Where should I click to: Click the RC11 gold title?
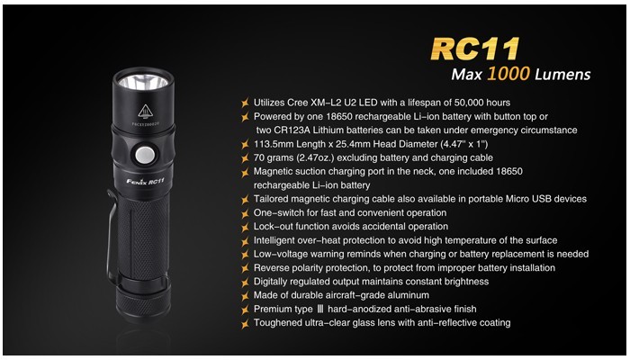pos(475,49)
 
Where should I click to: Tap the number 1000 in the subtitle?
pos(508,74)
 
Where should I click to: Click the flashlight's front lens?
pos(143,83)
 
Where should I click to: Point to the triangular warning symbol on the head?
pos(145,112)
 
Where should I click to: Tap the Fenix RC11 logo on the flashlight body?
pos(146,181)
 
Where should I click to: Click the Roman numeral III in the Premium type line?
pos(320,309)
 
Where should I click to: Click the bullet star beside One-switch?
pos(245,213)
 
